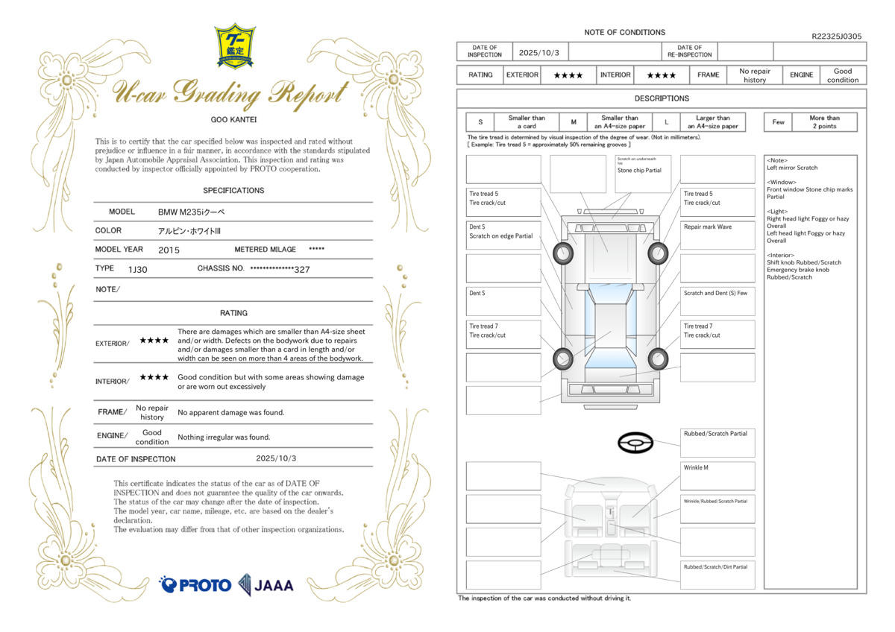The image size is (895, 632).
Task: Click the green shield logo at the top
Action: point(234,46)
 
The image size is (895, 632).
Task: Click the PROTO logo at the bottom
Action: point(195,584)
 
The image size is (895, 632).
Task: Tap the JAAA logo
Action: point(266,584)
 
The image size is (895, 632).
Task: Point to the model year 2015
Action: point(169,250)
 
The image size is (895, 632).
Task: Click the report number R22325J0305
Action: point(836,36)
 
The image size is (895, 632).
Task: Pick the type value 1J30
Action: point(137,269)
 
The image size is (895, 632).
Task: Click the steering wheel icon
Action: point(635,443)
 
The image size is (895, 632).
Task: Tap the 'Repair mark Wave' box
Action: point(717,234)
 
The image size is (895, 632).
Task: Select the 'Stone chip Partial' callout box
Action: point(643,173)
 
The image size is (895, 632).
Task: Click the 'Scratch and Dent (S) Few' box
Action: point(717,301)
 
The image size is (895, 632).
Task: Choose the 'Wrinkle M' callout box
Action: point(717,475)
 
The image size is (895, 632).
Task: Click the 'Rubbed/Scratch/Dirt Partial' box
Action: point(717,575)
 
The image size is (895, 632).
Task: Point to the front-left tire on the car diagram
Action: point(562,254)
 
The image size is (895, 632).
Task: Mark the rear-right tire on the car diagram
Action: point(657,359)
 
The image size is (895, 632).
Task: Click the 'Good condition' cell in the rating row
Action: point(842,75)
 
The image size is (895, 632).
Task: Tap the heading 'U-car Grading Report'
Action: point(230,94)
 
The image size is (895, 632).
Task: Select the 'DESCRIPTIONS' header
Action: point(662,98)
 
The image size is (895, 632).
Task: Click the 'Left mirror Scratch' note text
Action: point(792,168)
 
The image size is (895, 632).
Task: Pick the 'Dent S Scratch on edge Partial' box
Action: point(503,234)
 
